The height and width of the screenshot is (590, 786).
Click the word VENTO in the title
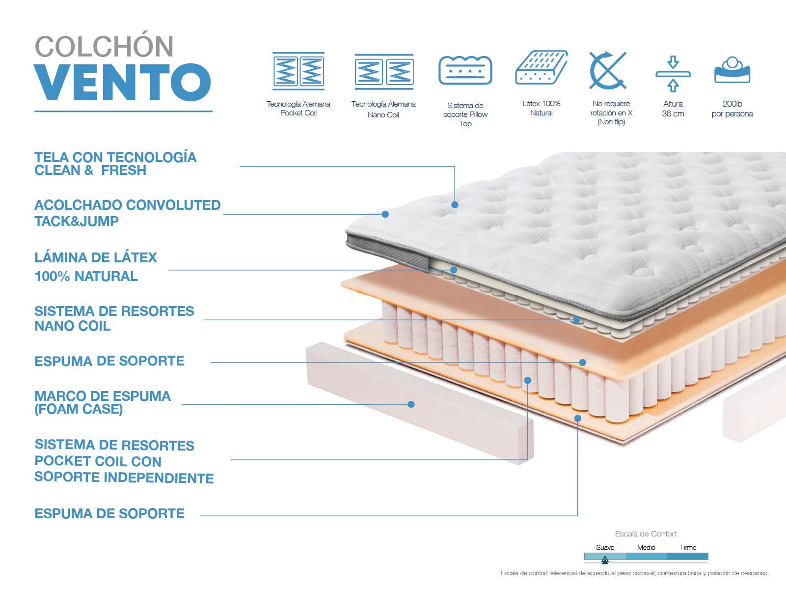click(x=123, y=82)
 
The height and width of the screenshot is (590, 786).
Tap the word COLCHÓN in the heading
click(x=104, y=47)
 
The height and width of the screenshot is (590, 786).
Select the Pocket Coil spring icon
click(x=298, y=71)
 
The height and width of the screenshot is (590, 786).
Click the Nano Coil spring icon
click(x=384, y=72)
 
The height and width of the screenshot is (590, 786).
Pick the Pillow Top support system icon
click(x=465, y=71)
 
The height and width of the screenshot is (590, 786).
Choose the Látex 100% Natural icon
click(x=542, y=68)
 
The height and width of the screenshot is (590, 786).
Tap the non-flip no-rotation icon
click(x=608, y=70)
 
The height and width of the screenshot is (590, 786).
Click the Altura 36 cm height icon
click(x=673, y=74)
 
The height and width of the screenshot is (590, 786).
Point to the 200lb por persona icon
click(x=732, y=70)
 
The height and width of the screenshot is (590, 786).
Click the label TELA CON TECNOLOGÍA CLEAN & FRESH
click(x=115, y=164)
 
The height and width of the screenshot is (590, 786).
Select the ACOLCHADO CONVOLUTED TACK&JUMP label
click(x=127, y=213)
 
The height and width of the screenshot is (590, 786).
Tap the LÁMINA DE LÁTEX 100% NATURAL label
click(x=96, y=267)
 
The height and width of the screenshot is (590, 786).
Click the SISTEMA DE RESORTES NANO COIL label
click(x=114, y=318)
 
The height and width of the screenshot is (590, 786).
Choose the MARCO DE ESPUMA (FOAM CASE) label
click(x=103, y=402)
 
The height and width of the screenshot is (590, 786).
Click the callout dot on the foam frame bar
click(x=411, y=404)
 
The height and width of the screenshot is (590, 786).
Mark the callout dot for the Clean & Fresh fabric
click(x=455, y=204)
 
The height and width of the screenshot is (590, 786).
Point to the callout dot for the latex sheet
click(x=454, y=270)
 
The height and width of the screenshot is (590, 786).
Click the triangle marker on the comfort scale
click(x=605, y=559)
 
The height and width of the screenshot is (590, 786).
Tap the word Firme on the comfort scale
click(x=688, y=547)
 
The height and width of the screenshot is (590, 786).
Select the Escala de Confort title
click(x=646, y=534)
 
